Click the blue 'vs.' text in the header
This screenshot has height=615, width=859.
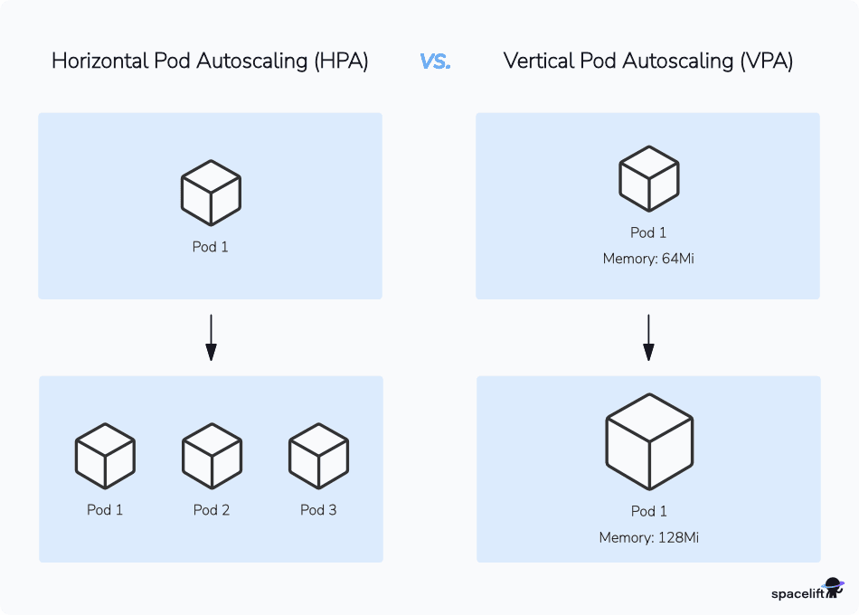coord(435,61)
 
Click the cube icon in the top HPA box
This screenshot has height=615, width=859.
coord(211,193)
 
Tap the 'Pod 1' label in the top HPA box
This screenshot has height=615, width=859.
coord(211,247)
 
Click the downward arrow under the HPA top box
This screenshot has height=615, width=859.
coord(211,337)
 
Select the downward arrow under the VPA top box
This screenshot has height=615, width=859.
coord(648,337)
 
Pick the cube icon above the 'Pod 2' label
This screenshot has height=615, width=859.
coord(212,456)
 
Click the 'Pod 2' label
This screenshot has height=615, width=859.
coord(212,510)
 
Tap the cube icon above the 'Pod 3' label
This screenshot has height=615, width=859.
coord(318,456)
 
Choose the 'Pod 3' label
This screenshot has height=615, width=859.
coord(318,510)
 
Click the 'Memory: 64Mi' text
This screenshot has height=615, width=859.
coord(648,260)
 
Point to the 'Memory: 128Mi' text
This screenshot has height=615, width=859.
coord(648,538)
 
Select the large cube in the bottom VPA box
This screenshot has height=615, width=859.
coord(649,442)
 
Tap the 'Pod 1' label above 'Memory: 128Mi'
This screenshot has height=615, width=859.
coord(648,511)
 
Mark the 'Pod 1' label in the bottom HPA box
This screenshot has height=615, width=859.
coord(105,510)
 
